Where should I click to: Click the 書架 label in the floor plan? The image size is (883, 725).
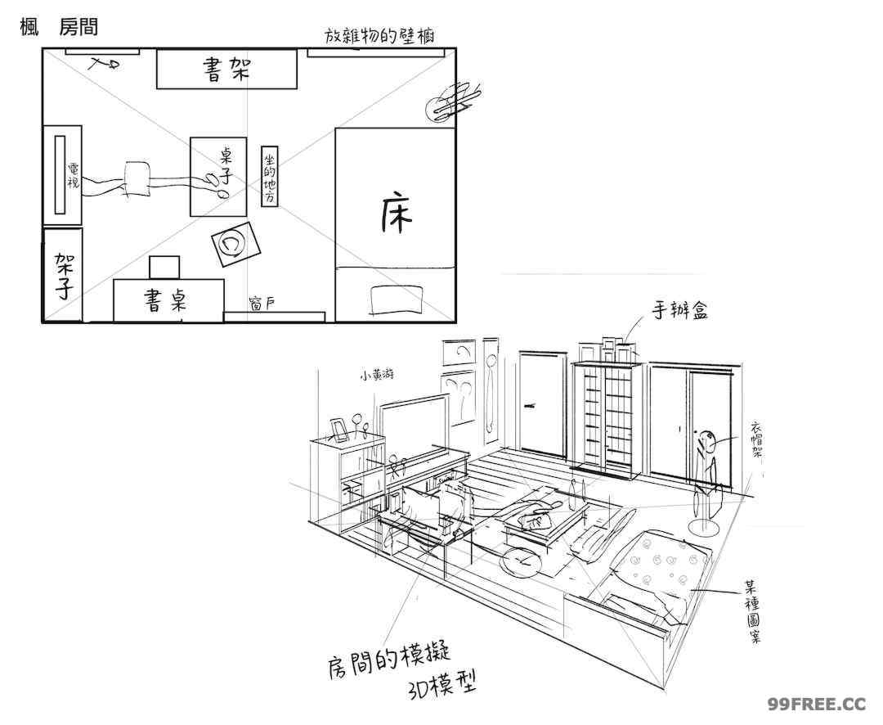[x=226, y=70]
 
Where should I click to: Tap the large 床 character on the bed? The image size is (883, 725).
[x=397, y=214]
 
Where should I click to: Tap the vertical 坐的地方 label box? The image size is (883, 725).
[x=270, y=175]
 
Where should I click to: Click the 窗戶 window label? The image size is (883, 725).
[x=262, y=304]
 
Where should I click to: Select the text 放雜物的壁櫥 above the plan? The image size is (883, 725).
[x=379, y=36]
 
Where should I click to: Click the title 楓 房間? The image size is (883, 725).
[x=58, y=27]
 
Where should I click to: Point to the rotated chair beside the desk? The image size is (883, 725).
[x=232, y=244]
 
